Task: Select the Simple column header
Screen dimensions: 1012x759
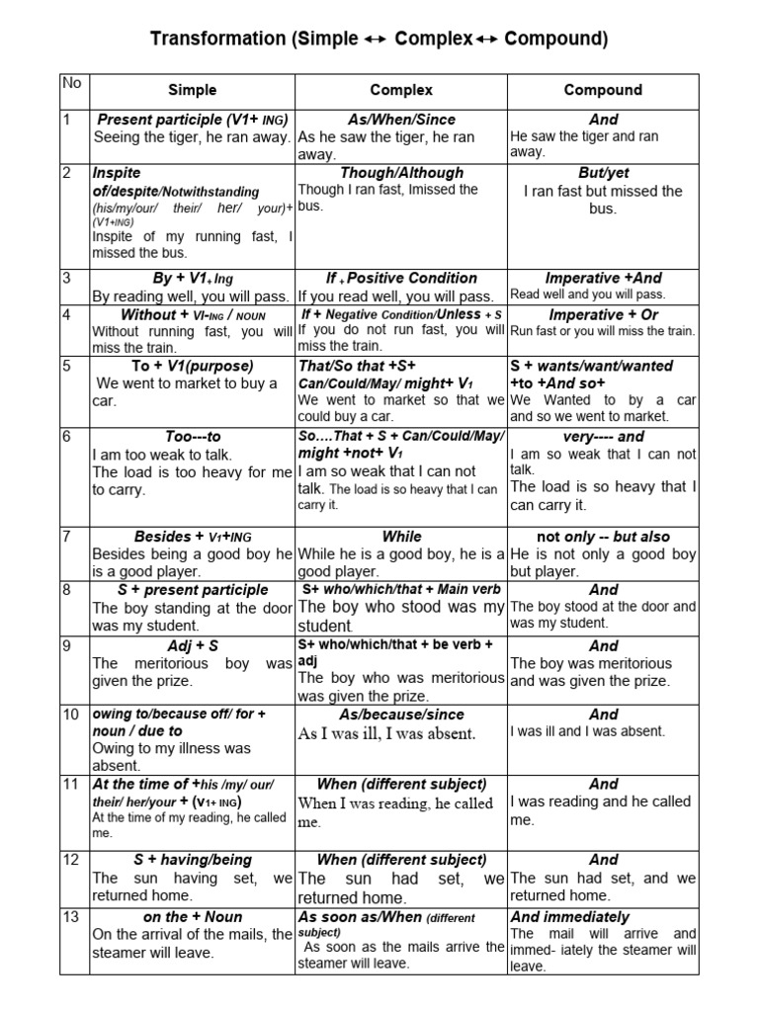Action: coord(192,90)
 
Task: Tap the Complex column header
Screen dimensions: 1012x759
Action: coord(401,90)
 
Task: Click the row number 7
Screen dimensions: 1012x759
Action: coord(66,537)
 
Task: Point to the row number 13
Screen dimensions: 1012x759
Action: coord(70,917)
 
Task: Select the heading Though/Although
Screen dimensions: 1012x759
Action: coord(401,172)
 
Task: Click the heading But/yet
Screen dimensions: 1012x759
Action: coord(603,172)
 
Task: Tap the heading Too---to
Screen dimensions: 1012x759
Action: coord(193,436)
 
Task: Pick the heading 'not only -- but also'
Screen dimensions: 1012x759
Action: coord(603,537)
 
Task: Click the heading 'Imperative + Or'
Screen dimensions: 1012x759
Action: coord(603,314)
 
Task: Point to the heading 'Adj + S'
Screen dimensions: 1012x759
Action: coord(193,645)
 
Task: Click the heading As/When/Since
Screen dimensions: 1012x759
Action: coord(401,119)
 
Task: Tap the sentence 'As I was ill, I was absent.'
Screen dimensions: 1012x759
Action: coord(386,733)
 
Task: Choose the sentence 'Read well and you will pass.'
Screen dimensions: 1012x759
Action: coord(588,295)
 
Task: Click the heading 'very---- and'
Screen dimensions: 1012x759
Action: coord(603,436)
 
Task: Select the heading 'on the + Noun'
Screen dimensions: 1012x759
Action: coord(193,917)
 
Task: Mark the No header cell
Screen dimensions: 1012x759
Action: coord(72,83)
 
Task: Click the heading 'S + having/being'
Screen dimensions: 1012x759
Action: coord(193,860)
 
